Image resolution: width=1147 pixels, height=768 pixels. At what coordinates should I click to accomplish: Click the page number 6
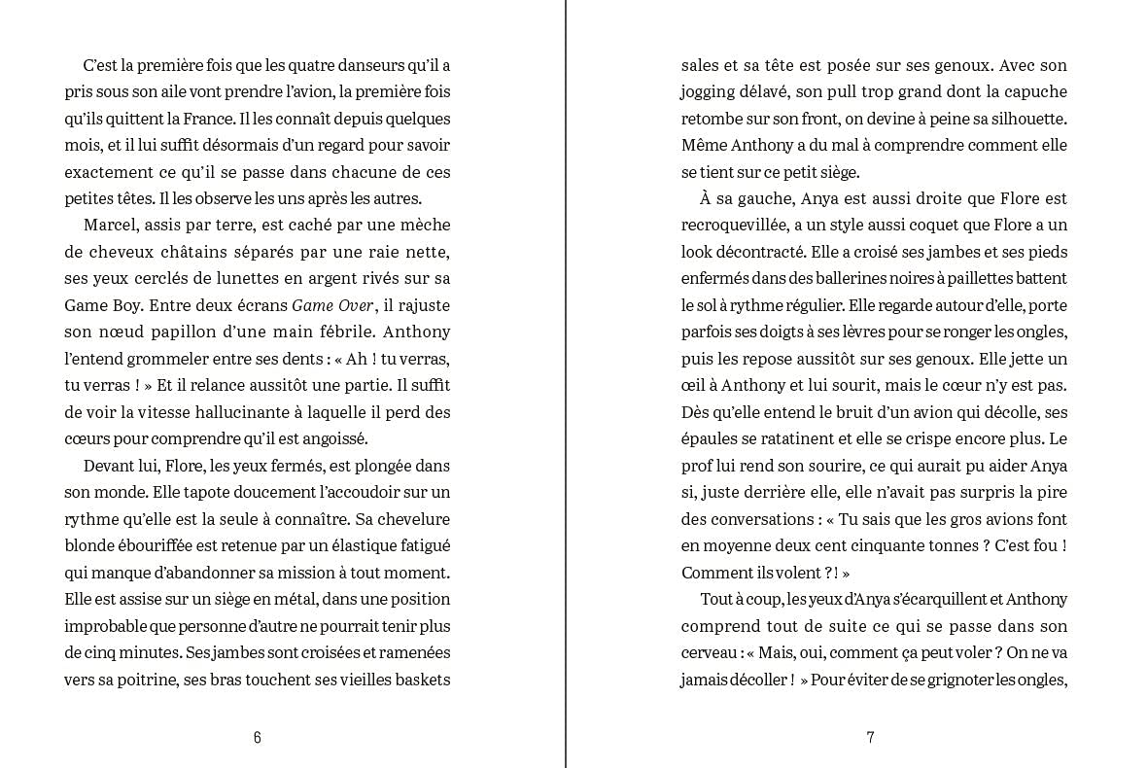tap(257, 737)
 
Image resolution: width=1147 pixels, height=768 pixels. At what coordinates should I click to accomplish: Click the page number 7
tap(870, 737)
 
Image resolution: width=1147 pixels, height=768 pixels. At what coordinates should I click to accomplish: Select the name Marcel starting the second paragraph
tap(110, 226)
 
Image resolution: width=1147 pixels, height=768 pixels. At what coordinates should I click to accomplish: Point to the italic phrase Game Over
tap(332, 305)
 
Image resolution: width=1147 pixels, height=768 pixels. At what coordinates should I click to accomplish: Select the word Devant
tap(109, 466)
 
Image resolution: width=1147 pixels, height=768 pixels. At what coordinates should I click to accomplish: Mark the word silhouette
tap(1022, 119)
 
